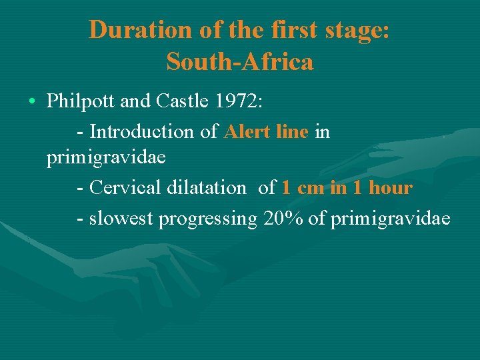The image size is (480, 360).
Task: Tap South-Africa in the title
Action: tap(240, 62)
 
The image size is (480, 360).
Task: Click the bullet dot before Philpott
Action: tap(33, 102)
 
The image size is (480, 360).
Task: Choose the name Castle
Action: tap(184, 101)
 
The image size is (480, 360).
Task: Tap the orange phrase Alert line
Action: tap(267, 131)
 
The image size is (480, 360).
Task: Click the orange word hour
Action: tap(391, 188)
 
